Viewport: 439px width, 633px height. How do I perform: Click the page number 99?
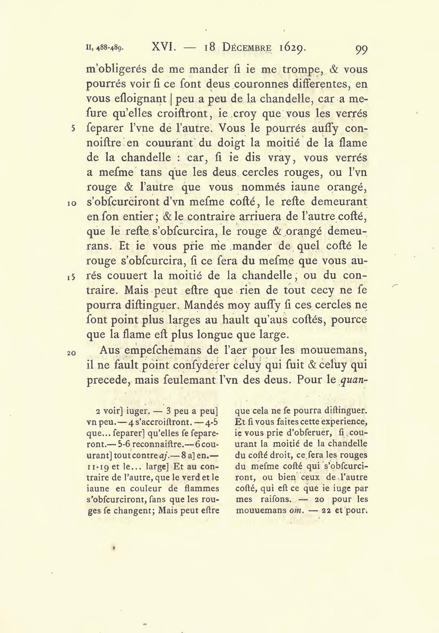pyautogui.click(x=361, y=49)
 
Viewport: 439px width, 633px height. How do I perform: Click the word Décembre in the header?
pyautogui.click(x=247, y=47)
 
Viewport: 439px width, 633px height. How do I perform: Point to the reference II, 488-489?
pyautogui.click(x=105, y=48)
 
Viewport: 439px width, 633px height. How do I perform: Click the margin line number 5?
pyautogui.click(x=73, y=128)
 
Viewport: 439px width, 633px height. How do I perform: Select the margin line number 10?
pyautogui.click(x=72, y=203)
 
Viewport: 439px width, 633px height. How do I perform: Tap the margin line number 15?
pyautogui.click(x=72, y=277)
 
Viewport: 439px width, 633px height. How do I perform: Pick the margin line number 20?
pyautogui.click(x=72, y=353)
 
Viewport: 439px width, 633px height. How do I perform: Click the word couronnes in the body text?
pyautogui.click(x=259, y=84)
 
